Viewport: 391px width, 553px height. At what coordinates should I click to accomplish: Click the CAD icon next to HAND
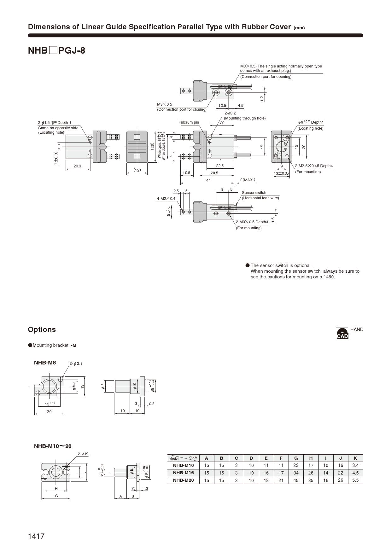(x=342, y=333)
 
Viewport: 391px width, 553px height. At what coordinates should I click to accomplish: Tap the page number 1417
(x=36, y=536)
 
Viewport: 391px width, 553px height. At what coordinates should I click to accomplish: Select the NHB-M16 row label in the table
(x=183, y=473)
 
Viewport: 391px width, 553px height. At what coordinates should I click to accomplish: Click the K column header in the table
(x=355, y=458)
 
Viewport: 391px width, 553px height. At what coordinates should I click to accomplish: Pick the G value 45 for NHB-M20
(x=296, y=480)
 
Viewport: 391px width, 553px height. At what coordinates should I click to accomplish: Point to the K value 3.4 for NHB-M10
(x=355, y=465)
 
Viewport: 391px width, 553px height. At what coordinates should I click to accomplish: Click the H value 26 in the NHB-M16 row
(x=311, y=473)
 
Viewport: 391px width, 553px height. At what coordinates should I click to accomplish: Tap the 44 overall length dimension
(x=208, y=180)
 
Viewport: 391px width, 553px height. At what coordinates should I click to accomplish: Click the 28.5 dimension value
(x=214, y=173)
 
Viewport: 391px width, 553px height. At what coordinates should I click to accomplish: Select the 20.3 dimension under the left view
(x=77, y=166)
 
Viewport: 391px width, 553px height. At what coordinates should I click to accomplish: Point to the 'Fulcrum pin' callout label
(x=189, y=122)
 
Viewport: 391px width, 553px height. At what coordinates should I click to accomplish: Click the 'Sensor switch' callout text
(x=254, y=193)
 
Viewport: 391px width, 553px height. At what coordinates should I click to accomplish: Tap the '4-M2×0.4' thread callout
(x=166, y=199)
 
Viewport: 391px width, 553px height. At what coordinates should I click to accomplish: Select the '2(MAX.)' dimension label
(x=247, y=180)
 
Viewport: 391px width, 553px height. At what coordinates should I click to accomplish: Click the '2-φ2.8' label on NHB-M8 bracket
(x=76, y=364)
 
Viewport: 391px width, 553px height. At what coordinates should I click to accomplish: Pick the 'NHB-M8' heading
(x=45, y=363)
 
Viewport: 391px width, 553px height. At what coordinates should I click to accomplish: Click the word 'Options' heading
(x=42, y=329)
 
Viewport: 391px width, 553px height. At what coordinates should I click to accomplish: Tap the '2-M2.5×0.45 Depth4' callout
(x=314, y=166)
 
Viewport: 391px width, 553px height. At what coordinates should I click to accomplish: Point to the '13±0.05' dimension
(x=281, y=173)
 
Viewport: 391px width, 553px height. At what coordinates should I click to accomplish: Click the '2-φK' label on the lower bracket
(x=83, y=454)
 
